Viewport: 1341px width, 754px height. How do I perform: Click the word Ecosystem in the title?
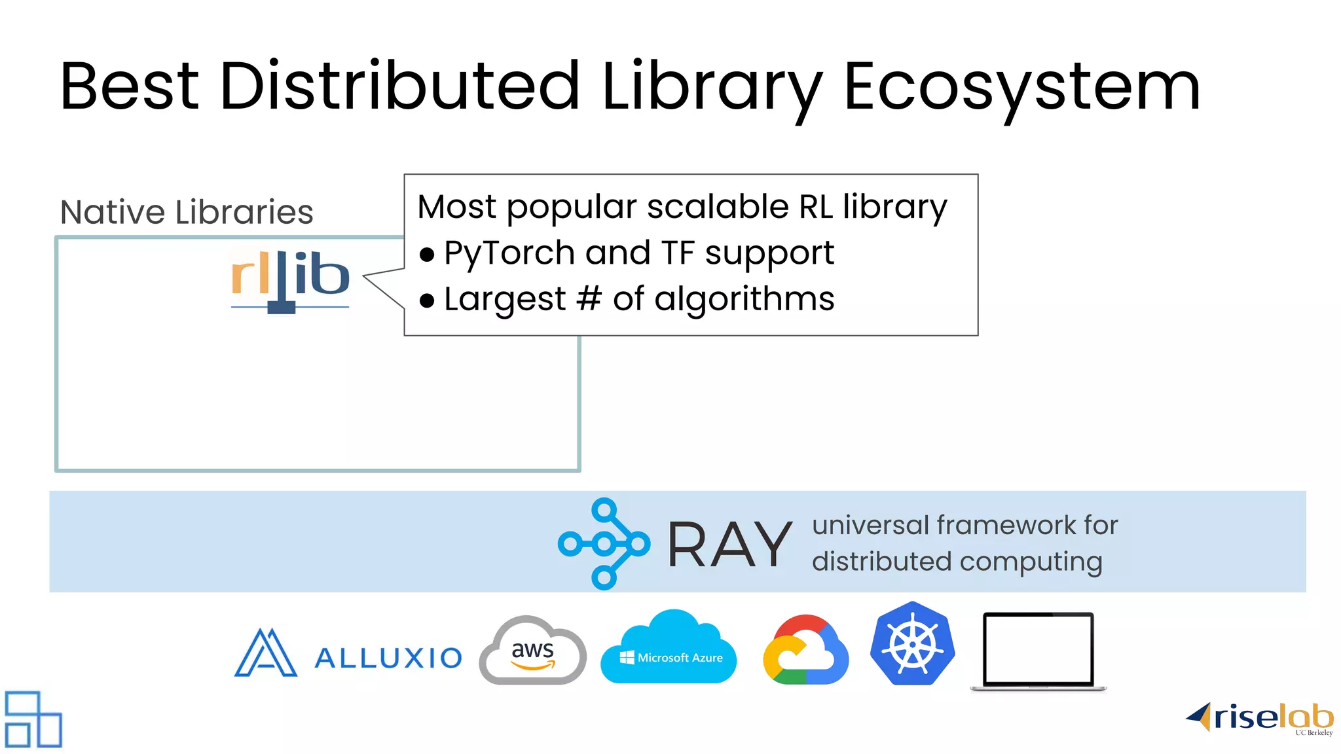click(1021, 86)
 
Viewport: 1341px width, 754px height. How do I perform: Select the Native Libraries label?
click(187, 212)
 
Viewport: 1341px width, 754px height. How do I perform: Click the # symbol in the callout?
click(589, 298)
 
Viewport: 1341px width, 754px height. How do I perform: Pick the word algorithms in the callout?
click(744, 300)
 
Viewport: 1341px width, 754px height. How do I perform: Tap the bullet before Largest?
click(427, 300)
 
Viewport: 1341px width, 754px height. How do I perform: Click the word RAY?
click(729, 545)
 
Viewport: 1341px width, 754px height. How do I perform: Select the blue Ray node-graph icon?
click(604, 543)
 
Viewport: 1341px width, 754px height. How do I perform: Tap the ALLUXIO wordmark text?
click(388, 658)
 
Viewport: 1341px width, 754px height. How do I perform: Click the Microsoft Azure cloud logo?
click(669, 649)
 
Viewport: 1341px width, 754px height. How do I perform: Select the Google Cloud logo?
click(805, 651)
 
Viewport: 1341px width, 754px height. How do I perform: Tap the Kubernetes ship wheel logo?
click(912, 644)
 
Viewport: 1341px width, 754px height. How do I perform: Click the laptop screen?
click(1038, 648)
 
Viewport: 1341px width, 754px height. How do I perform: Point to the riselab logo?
click(1260, 719)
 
